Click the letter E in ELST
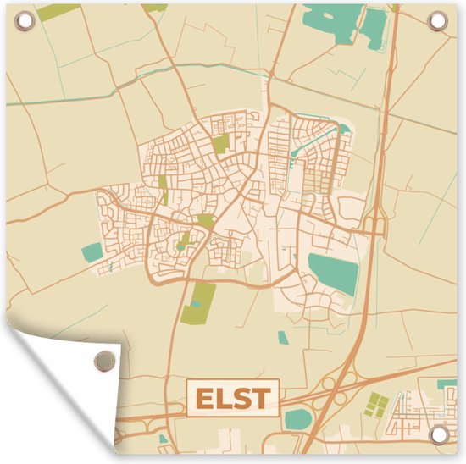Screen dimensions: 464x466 [203, 398]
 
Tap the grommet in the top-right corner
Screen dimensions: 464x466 [438, 20]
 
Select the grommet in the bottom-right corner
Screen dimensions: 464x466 [438, 434]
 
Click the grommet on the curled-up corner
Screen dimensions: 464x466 [103, 360]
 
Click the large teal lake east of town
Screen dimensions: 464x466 [334, 273]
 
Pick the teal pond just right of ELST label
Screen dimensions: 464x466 [297, 417]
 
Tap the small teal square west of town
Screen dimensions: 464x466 [92, 251]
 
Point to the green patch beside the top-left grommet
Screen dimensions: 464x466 [58, 12]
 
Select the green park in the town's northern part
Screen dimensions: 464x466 [220, 144]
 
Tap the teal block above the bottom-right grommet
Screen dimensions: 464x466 [443, 384]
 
